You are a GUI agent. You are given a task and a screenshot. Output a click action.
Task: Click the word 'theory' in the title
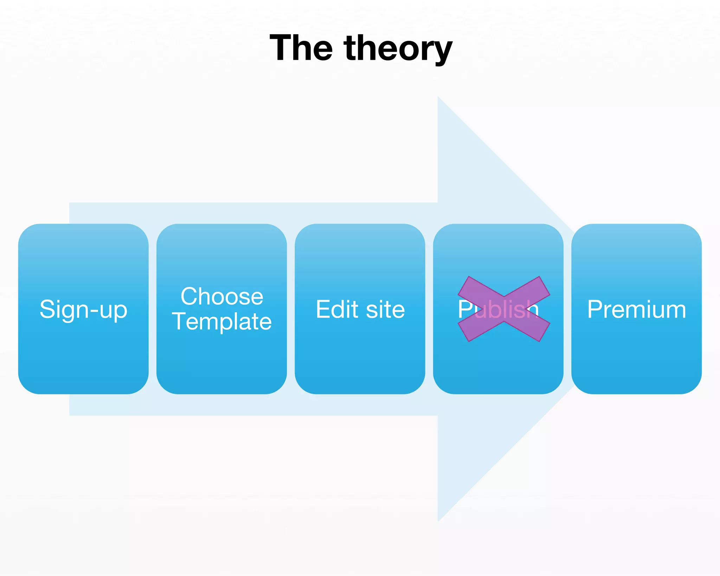398,49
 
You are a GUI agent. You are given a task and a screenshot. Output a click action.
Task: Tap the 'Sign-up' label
83,309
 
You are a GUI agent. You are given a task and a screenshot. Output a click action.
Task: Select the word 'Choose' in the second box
221,296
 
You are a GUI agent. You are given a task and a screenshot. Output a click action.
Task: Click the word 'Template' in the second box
221,321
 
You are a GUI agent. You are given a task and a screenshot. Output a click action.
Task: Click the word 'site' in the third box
385,309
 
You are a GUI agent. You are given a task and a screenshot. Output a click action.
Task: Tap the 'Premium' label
636,309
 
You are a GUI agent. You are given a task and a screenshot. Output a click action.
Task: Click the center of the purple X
504,309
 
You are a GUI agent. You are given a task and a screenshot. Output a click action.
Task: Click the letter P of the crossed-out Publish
465,309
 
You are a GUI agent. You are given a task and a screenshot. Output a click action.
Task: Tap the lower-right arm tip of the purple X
544,332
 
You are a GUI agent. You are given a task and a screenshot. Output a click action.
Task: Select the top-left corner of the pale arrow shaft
70,203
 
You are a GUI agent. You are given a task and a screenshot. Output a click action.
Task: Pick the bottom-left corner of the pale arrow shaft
70,415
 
